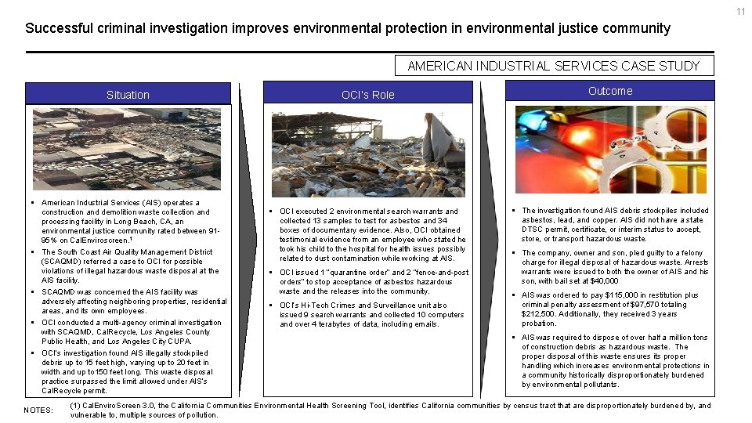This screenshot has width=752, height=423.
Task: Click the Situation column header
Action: [x=128, y=95]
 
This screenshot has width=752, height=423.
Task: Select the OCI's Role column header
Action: [x=367, y=95]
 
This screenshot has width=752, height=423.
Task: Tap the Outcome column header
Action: [x=610, y=91]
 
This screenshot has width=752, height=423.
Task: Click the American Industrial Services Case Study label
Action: [x=553, y=66]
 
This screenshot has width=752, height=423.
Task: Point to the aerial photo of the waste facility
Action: [x=127, y=149]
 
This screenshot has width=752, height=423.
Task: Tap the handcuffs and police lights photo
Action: [x=610, y=149]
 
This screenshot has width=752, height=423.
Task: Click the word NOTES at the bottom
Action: [x=38, y=410]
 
